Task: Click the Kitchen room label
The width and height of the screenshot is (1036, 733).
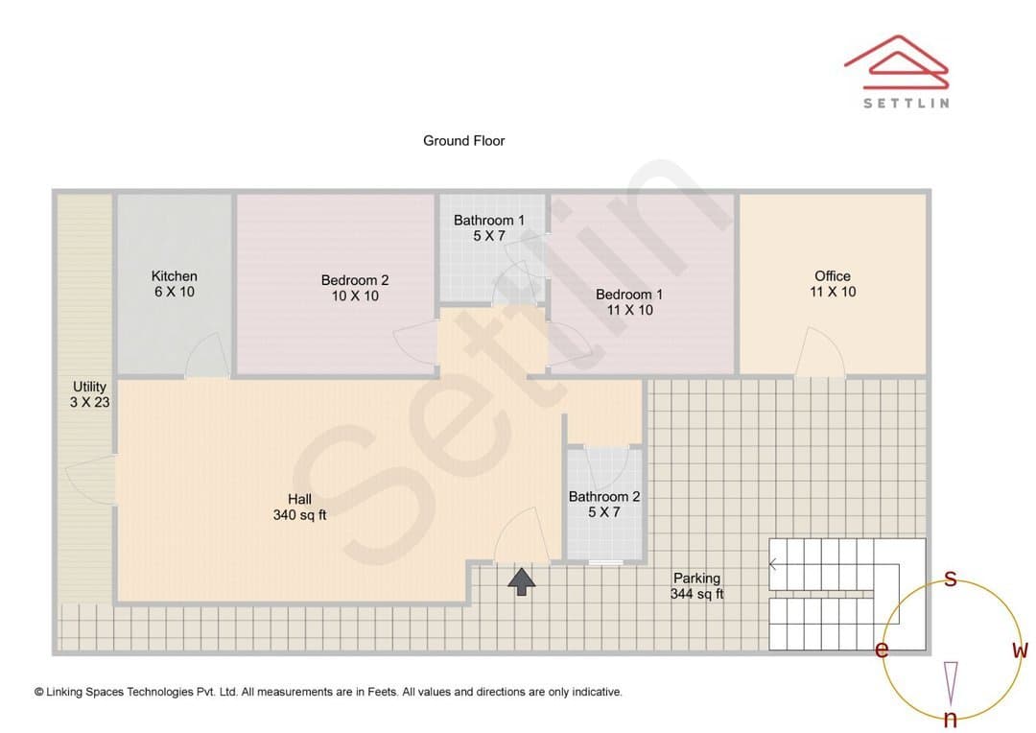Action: [175, 284]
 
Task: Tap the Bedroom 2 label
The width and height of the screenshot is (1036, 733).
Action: [355, 288]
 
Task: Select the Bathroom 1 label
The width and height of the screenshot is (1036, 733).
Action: [489, 227]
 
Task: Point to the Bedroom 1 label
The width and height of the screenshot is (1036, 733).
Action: [629, 302]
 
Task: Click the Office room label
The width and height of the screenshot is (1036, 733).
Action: [833, 284]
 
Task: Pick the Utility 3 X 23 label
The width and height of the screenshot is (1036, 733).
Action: [90, 394]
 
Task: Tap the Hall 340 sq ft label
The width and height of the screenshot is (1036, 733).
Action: [300, 507]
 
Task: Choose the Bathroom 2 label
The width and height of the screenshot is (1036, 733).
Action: [604, 504]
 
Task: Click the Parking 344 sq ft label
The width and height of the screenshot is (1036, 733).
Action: [697, 585]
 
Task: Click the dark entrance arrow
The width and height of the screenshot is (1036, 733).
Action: [521, 581]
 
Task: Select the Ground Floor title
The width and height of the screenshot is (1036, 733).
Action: [464, 141]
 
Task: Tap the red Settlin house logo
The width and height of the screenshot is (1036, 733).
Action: [897, 61]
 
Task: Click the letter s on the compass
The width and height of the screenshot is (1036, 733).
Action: [950, 579]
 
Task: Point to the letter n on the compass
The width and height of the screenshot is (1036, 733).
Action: [950, 719]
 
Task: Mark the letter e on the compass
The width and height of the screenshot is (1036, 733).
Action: [882, 650]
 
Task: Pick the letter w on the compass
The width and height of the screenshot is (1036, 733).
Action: [1020, 650]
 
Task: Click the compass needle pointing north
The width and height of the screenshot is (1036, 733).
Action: [951, 683]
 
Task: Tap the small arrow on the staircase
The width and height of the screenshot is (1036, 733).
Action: [774, 564]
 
